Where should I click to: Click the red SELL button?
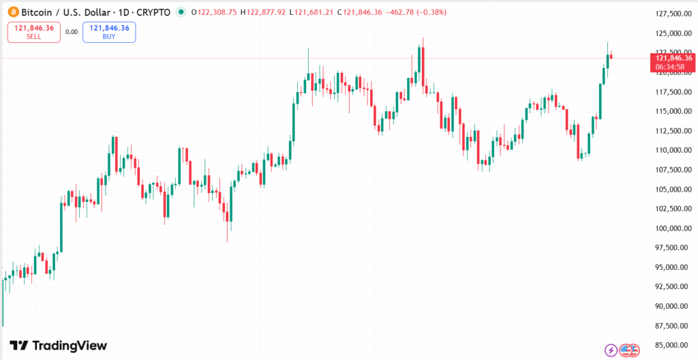(34, 32)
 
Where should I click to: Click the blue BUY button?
(109, 32)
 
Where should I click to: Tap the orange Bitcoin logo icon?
(12, 12)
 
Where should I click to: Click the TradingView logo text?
(59, 346)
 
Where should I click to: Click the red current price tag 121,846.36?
(673, 58)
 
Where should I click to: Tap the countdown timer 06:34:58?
(673, 67)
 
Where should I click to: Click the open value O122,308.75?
(214, 12)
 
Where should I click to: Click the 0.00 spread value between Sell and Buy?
(72, 31)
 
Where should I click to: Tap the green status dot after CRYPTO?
(180, 12)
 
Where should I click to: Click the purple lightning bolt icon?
(611, 350)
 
